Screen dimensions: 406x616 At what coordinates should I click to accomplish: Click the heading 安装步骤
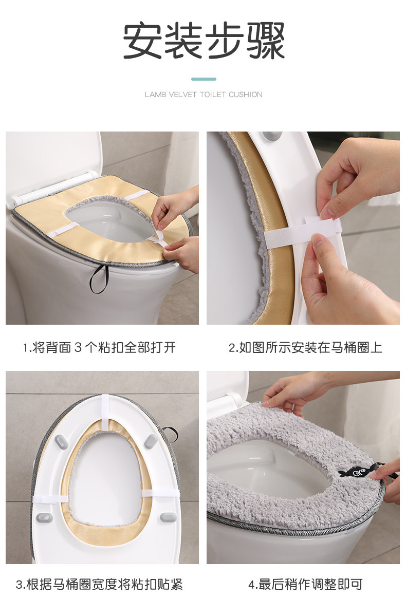click(204, 41)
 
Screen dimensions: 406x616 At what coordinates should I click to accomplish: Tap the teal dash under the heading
click(204, 79)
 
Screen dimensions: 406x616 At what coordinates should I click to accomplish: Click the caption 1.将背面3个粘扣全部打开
click(99, 347)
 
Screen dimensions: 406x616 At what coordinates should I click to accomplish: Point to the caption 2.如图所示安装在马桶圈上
click(305, 347)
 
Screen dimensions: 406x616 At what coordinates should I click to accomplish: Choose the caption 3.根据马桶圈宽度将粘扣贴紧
click(99, 584)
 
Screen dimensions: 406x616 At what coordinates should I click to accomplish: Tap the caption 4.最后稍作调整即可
click(305, 584)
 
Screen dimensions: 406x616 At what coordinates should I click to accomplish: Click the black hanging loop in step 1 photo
click(98, 279)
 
